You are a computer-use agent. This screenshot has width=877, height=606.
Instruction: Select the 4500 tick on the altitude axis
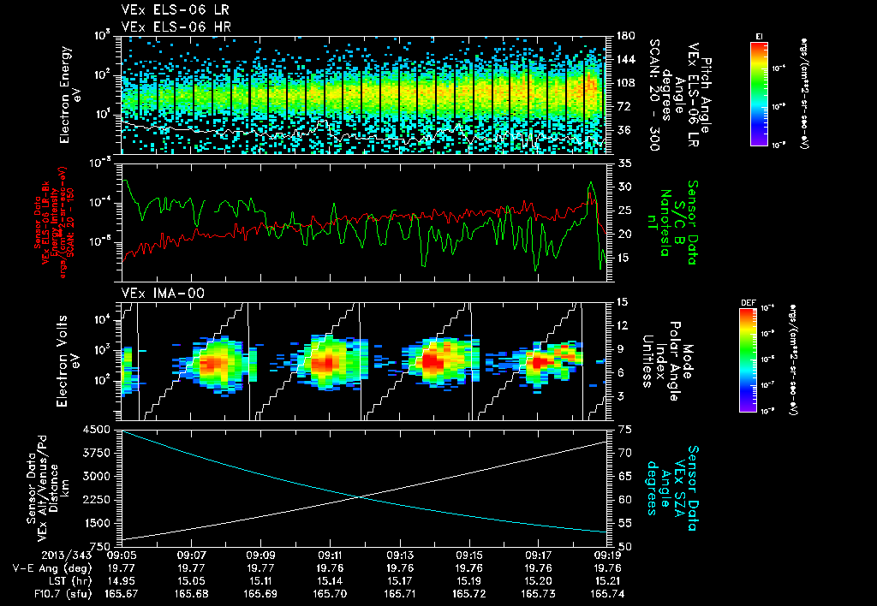click(x=101, y=430)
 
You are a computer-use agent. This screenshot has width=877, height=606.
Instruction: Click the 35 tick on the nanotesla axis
click(x=623, y=163)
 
